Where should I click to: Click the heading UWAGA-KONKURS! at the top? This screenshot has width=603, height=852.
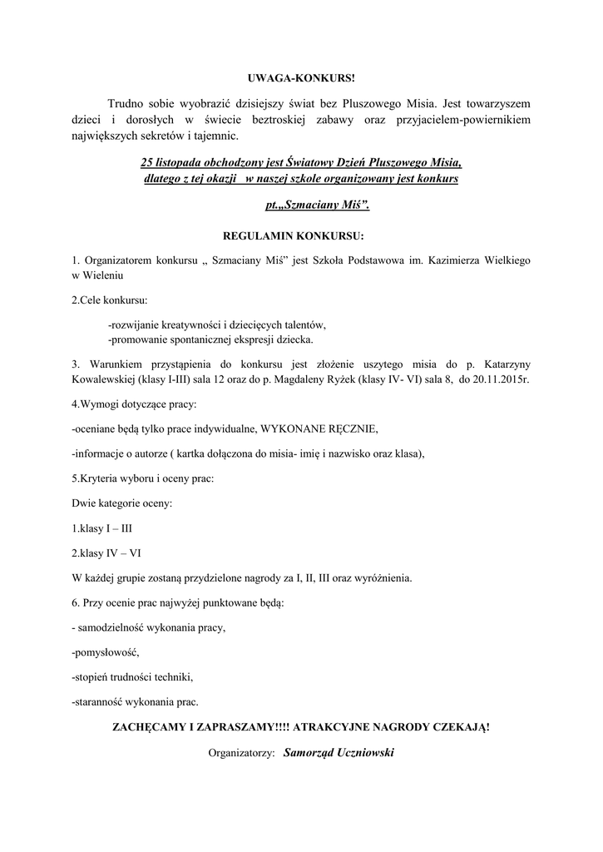point(300,78)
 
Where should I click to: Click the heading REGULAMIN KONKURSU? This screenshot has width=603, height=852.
point(300,235)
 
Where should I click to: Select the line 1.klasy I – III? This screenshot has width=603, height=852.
point(102,528)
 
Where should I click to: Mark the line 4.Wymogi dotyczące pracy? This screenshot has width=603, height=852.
point(134,404)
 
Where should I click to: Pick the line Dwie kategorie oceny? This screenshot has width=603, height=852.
point(122,503)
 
